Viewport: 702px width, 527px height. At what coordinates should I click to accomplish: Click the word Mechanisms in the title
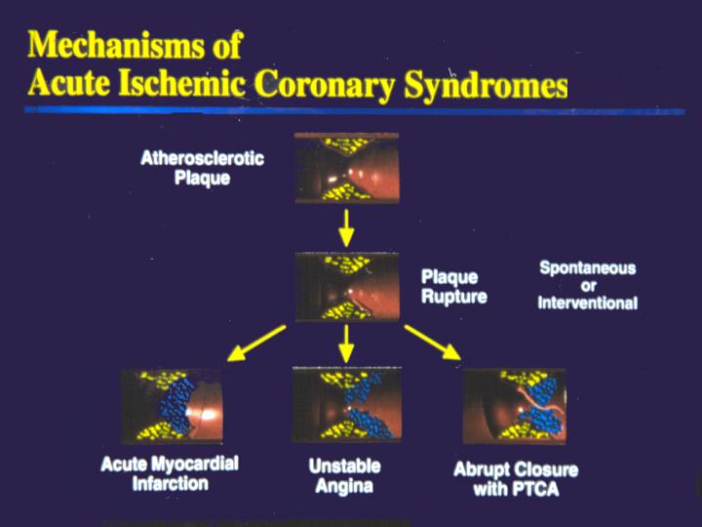[x=117, y=45]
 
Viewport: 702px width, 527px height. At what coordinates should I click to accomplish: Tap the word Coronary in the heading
[x=325, y=84]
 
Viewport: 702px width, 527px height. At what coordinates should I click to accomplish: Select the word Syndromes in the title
[x=486, y=86]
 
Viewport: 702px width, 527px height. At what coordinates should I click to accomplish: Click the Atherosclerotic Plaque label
[x=203, y=168]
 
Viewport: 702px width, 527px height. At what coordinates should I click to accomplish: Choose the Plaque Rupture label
[x=454, y=287]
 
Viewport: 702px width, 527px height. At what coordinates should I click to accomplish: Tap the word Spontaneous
[x=587, y=268]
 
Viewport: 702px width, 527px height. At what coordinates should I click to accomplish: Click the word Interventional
[x=587, y=303]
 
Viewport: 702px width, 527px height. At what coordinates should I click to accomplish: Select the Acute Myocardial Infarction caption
[x=170, y=473]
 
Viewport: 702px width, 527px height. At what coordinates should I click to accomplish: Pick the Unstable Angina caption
[x=345, y=476]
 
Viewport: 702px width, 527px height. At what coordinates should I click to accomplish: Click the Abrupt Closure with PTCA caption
[x=516, y=479]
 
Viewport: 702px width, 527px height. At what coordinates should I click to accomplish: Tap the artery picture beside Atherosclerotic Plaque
[x=347, y=168]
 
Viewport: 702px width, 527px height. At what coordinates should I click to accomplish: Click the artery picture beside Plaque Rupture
[x=347, y=287]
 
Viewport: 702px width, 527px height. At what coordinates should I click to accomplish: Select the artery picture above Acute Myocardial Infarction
[x=173, y=406]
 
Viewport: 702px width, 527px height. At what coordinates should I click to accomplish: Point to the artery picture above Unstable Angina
[x=347, y=404]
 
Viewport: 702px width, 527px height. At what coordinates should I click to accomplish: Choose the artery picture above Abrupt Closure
[x=515, y=406]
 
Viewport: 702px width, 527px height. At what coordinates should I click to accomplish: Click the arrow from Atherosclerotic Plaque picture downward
[x=346, y=227]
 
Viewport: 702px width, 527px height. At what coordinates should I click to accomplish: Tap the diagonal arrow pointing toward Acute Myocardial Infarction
[x=256, y=343]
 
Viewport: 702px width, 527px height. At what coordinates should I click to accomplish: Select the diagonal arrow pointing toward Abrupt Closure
[x=433, y=343]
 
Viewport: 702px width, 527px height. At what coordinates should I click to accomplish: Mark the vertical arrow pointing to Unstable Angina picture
[x=346, y=344]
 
